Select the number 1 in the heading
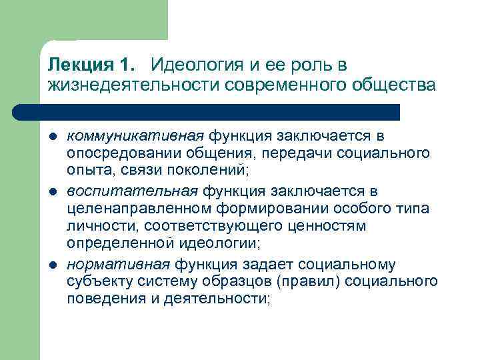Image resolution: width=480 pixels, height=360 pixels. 127,65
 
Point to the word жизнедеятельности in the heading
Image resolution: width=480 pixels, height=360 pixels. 133,85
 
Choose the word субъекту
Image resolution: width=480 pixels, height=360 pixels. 97,281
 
